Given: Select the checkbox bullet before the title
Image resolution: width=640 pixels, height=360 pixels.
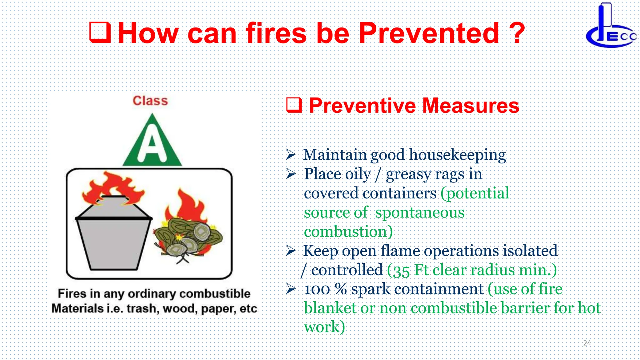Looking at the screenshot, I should coord(100,32).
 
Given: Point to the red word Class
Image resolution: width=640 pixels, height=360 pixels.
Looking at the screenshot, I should coord(150,101).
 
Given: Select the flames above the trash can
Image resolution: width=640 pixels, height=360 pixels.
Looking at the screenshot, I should coord(112,187).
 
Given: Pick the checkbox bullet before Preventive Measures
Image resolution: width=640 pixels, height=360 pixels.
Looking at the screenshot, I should coord(294,105).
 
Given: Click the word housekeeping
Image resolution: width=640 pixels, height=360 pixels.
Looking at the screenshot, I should coord(457,155).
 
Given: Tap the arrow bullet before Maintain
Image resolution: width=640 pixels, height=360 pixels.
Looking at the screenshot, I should coord(291,154).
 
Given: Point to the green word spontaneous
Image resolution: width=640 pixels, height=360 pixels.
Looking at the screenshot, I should coord(420,213).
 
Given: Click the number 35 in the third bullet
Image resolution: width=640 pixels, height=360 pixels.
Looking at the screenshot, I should coord(401,271).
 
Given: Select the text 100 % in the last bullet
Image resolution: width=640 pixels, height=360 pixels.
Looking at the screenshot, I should coord(325,289).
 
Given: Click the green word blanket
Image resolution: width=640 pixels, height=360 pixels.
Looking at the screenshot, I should coord(330,308).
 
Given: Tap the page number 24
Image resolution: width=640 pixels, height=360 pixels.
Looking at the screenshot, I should coord(587,343).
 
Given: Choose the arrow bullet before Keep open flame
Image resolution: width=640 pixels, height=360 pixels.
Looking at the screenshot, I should coord(291,251).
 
